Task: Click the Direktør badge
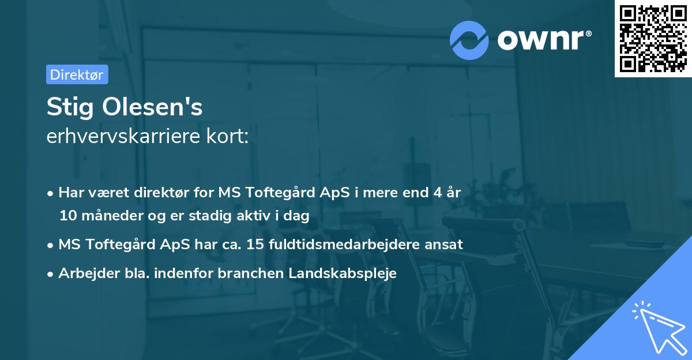pyautogui.click(x=77, y=74)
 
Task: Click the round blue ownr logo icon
pyautogui.click(x=469, y=40)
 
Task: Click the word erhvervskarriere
pyautogui.click(x=119, y=137)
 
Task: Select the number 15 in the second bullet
pyautogui.click(x=254, y=245)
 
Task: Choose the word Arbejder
pyautogui.click(x=85, y=273)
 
